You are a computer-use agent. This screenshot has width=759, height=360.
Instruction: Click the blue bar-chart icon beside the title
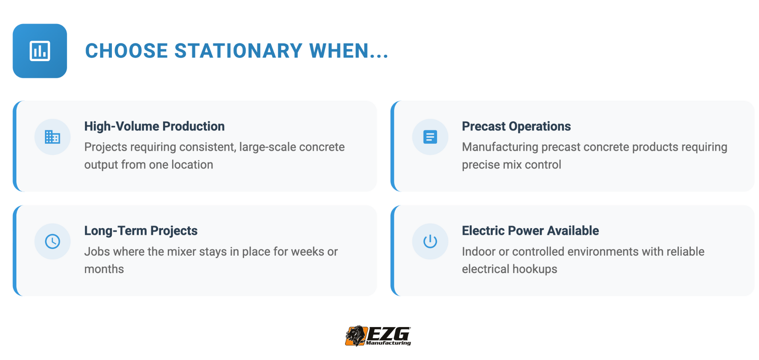click(x=40, y=51)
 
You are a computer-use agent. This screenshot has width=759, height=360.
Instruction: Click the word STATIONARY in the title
click(x=238, y=51)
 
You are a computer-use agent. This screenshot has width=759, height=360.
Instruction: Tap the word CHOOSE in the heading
click(x=127, y=51)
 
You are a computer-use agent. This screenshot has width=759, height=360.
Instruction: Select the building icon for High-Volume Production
click(x=52, y=137)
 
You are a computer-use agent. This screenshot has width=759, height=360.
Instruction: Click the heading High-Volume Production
click(x=154, y=126)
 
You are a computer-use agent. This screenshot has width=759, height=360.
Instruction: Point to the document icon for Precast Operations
click(x=430, y=137)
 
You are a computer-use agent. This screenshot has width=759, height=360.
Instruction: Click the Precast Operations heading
click(x=516, y=126)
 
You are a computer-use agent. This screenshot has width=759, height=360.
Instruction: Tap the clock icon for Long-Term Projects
click(x=52, y=241)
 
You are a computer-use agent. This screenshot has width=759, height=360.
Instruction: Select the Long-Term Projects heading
click(x=141, y=231)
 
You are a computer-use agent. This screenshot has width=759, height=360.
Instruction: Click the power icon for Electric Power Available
click(x=430, y=241)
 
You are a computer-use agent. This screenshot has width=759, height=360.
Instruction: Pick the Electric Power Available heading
click(x=530, y=231)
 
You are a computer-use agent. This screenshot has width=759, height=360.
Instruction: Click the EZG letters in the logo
click(x=389, y=333)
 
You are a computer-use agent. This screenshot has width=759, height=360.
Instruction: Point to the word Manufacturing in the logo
click(x=388, y=343)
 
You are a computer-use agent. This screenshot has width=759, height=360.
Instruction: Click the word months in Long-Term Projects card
click(x=104, y=269)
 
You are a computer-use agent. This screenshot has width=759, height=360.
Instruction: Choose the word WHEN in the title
click(x=339, y=51)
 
